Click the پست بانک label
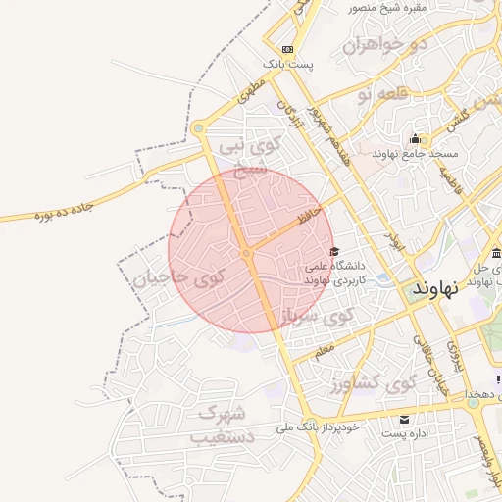[292, 64]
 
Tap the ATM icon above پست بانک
[286, 49]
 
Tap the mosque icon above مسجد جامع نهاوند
[416, 138]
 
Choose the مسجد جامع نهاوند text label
[415, 154]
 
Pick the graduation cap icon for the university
[334, 251]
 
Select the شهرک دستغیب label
[225, 423]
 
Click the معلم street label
[324, 348]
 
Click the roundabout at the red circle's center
[247, 253]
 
